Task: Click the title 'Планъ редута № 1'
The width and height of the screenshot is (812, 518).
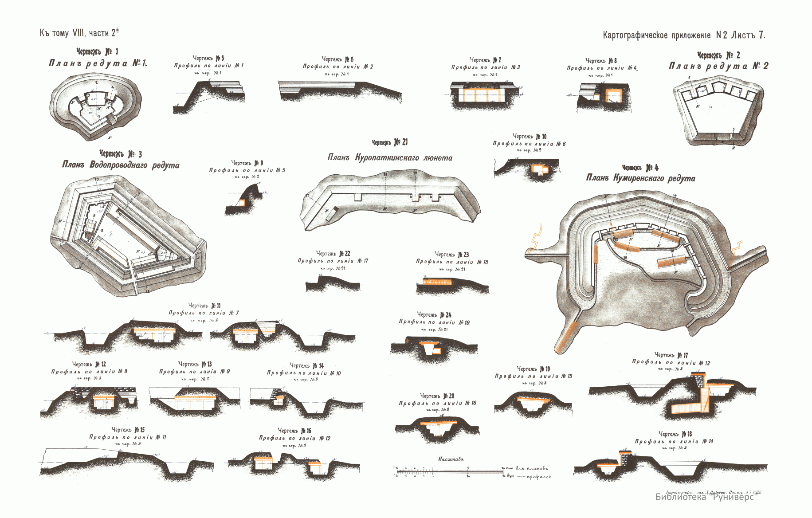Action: point(98,63)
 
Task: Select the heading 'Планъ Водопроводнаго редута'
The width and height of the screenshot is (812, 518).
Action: point(121,165)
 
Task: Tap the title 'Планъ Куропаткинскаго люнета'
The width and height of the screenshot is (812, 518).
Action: point(390,157)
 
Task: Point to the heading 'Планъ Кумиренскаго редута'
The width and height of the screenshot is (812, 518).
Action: point(640,178)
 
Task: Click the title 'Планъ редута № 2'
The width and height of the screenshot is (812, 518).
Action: point(718,66)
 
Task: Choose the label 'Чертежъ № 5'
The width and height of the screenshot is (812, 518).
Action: point(208,58)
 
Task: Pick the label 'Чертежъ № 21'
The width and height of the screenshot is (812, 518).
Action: point(389,142)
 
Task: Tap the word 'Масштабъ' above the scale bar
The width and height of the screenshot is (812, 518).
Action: point(450,459)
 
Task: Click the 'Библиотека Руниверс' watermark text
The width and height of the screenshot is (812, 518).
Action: point(705,497)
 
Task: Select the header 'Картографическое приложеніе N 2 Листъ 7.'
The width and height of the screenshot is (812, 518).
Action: point(684,35)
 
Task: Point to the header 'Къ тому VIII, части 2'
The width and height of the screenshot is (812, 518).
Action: point(79,33)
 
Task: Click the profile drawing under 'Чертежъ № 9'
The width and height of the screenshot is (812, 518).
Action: point(243,200)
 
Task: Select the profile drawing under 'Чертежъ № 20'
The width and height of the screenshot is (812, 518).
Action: point(437,428)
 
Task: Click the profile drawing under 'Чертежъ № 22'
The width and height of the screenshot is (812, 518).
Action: point(332,284)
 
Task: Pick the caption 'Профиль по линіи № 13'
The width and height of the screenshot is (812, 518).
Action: point(671,363)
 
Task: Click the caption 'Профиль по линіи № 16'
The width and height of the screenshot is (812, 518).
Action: point(437,403)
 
